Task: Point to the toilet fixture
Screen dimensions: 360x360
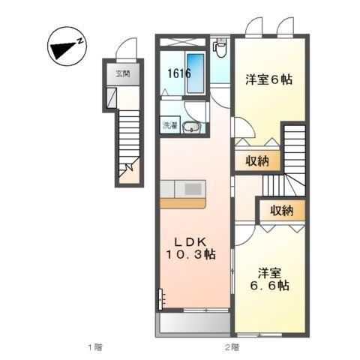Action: (219, 48)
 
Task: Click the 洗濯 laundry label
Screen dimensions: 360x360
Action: (169, 126)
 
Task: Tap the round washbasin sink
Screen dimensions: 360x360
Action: (192, 127)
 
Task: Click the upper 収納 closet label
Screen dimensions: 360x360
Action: (248, 160)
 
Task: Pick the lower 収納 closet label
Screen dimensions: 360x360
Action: (281, 211)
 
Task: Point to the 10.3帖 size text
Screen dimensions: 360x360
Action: (191, 255)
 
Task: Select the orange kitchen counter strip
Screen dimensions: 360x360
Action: (181, 202)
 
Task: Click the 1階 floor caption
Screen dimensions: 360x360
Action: (94, 346)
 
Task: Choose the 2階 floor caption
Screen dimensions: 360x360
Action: (231, 346)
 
